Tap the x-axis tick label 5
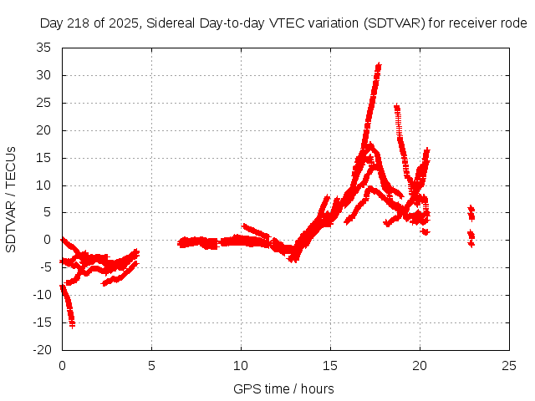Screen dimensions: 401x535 [151, 367]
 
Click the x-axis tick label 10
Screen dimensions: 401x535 [241, 367]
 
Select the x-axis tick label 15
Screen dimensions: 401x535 [330, 367]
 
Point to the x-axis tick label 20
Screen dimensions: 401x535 [420, 367]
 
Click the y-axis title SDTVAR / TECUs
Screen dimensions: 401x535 [11, 199]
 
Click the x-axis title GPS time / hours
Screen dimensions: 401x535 [284, 388]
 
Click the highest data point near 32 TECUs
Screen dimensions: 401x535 [379, 64]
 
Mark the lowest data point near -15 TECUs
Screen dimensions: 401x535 [72, 324]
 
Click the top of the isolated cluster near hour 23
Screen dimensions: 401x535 [471, 207]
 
